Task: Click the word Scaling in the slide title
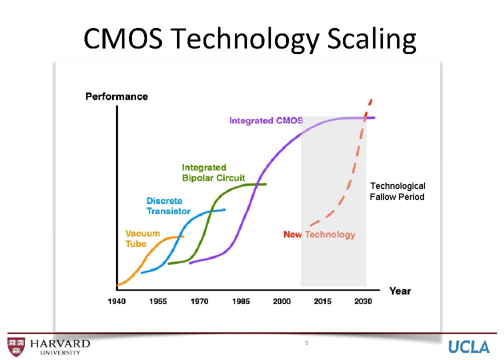[x=371, y=40]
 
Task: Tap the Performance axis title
[x=116, y=96]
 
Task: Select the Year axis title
[x=400, y=291]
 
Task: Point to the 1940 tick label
[x=116, y=301]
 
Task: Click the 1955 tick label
[x=158, y=301]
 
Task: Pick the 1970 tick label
[x=199, y=301]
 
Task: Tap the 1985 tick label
[x=240, y=301]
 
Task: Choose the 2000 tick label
[x=281, y=301]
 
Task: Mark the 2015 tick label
[x=322, y=301]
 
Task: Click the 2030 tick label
[x=363, y=301]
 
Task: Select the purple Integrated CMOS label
[x=266, y=120]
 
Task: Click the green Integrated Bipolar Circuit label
[x=213, y=173]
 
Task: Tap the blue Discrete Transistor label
[x=168, y=206]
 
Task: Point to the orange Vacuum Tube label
[x=142, y=238]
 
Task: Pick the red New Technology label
[x=319, y=234]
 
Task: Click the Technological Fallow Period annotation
[x=397, y=191]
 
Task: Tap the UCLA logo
[x=468, y=346]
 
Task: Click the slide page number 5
[x=306, y=343]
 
